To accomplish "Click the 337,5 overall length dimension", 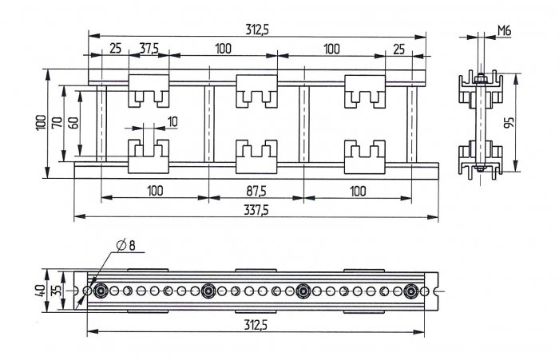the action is [256, 210].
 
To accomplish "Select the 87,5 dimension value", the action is [256, 192].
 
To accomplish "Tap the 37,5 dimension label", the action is [149, 48].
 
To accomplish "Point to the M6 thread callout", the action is [504, 31].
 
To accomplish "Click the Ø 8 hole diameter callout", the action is [126, 245].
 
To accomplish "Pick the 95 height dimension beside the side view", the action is [509, 122].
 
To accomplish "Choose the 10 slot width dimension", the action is [172, 122].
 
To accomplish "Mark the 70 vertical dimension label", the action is [57, 123].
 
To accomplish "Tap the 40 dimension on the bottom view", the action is [40, 291].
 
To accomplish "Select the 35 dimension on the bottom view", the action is [57, 291].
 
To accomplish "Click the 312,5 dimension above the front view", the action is [257, 30].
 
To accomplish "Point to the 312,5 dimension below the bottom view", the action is [256, 325].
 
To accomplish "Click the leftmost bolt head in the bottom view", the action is [101, 291].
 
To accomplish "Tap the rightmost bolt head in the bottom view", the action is [411, 291].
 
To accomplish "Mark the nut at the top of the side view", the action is [480, 77].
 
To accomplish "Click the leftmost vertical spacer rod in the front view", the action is [101, 124].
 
